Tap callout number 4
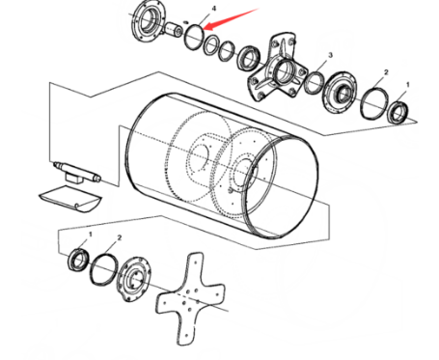coord(214,9)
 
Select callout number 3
coord(330,55)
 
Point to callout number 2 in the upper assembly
coord(386,72)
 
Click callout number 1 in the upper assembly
coord(408,85)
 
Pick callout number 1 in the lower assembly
coord(91,235)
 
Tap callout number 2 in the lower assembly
coord(120,237)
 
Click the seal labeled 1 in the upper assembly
coord(398,112)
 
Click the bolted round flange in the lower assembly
coord(133,279)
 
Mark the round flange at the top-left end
coord(148,21)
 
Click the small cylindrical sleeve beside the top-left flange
coord(174,29)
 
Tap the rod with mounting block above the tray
coord(77,172)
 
